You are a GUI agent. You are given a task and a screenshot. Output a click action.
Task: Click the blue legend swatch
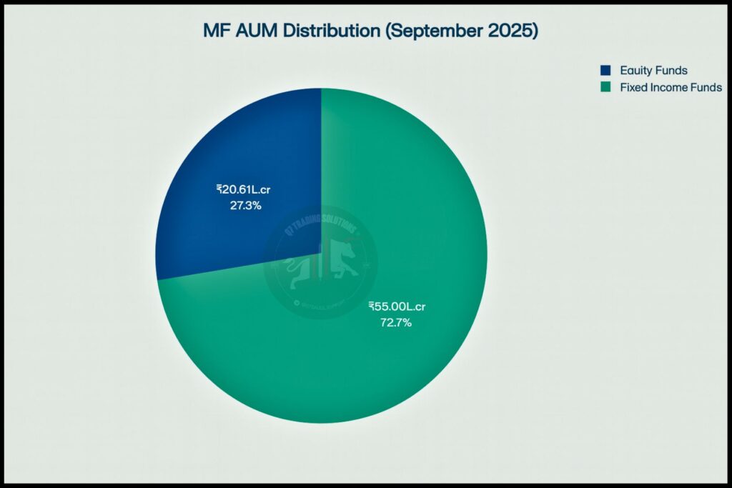(x=606, y=71)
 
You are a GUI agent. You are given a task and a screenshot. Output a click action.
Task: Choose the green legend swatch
(x=606, y=87)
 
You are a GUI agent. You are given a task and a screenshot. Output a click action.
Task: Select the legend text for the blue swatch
(x=653, y=71)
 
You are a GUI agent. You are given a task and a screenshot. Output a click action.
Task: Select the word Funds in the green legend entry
(x=707, y=87)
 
